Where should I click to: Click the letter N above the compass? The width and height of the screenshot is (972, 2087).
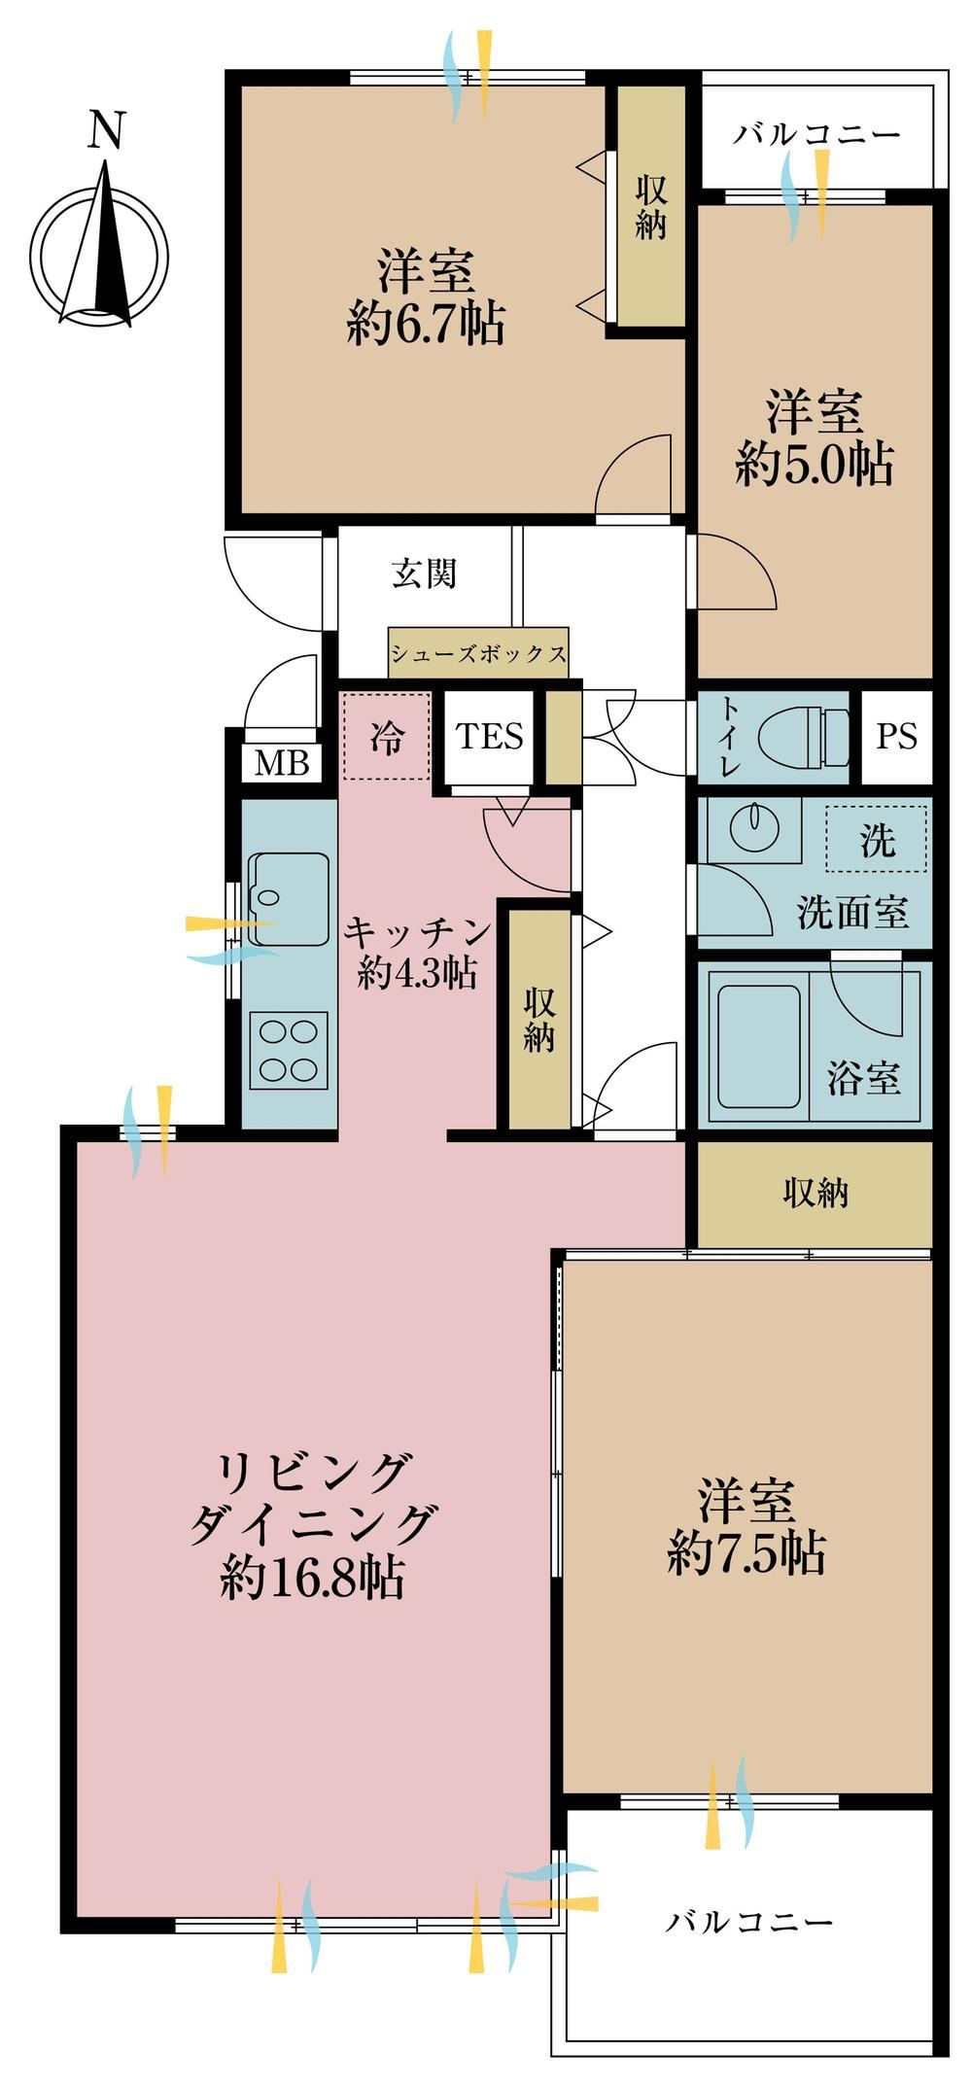[107, 130]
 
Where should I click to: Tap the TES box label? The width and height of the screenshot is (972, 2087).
[490, 736]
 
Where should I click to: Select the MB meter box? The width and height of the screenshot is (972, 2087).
[282, 763]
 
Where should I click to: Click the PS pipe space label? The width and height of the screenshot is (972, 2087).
[896, 736]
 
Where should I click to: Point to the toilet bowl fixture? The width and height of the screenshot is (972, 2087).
[804, 737]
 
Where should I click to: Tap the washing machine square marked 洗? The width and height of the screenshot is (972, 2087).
[876, 838]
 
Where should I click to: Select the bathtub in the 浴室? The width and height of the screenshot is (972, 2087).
[758, 1049]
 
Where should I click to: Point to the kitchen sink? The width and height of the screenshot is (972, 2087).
[289, 899]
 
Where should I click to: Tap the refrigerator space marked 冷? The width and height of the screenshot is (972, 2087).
[386, 736]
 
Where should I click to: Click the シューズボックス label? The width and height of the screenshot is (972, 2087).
[478, 653]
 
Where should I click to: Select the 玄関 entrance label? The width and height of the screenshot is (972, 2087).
[424, 574]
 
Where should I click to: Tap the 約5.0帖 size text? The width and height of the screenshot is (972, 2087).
[815, 464]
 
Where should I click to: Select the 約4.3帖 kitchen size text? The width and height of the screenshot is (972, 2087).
[417, 971]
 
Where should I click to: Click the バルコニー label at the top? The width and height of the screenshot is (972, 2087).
[816, 133]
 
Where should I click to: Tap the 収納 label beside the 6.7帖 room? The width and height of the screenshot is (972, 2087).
[651, 207]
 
